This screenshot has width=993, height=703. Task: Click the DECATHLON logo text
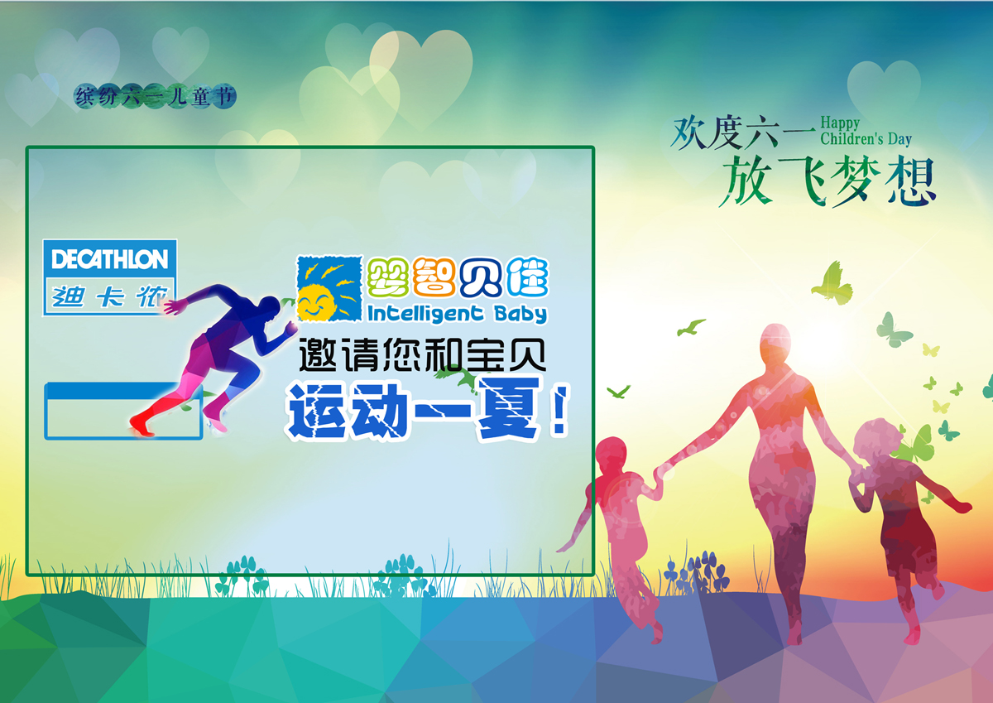pyautogui.click(x=109, y=259)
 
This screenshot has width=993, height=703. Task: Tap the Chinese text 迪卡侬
pyautogui.click(x=109, y=296)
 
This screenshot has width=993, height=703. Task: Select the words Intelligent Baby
pyautogui.click(x=456, y=314)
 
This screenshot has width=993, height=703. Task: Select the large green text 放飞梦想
pyautogui.click(x=827, y=182)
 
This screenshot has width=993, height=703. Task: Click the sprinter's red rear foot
pyautogui.click(x=142, y=423)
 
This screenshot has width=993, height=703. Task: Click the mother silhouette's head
pyautogui.click(x=778, y=344)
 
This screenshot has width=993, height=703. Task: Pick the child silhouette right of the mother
pyautogui.click(x=898, y=513)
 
